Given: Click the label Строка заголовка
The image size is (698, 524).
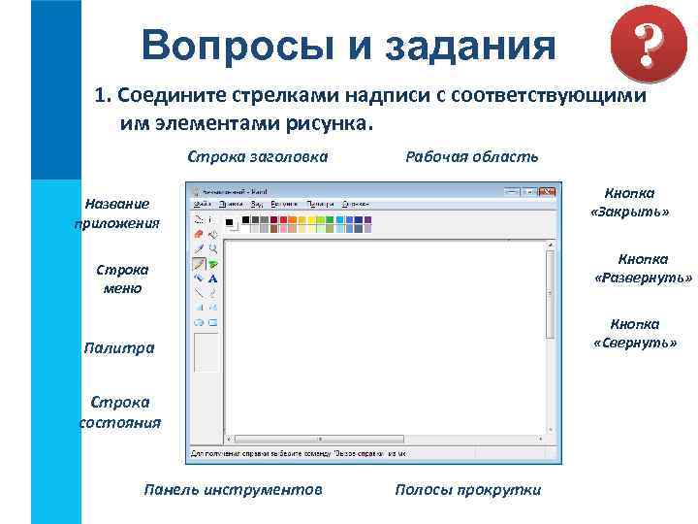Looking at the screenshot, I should tap(258, 156).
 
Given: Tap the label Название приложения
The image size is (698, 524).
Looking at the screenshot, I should tap(116, 213).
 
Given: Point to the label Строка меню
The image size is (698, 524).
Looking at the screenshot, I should tap(116, 278).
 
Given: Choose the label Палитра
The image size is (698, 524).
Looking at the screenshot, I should tap(118, 347).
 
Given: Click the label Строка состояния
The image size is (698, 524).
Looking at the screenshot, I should tap(119, 411).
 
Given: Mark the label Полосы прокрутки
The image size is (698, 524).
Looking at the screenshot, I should tap(467, 490).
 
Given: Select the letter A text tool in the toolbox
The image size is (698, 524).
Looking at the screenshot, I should tap(212, 278).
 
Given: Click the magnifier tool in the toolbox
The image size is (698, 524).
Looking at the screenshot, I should tap(212, 248).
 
